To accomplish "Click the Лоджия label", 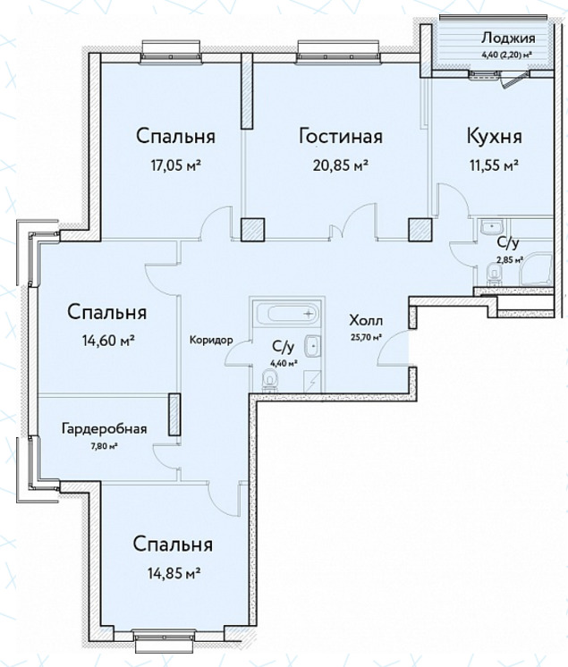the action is pos(508,38).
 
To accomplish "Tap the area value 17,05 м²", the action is pos(175,165).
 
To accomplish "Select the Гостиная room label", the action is pos(341,137).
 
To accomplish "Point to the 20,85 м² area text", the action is pos(341,165).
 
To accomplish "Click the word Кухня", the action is pos(495,137).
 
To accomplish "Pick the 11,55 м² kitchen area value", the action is pos(494,165).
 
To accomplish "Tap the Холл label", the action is pos(366,320).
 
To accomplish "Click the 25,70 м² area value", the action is pos(365,338).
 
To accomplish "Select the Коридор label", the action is pos(211,340).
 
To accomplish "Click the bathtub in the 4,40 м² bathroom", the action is pos(288,314).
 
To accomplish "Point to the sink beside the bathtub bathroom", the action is pos(312,346).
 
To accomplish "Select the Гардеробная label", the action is pos(105,429).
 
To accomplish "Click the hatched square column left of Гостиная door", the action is pos(253,230).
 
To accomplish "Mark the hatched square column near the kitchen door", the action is pos(420,230).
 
